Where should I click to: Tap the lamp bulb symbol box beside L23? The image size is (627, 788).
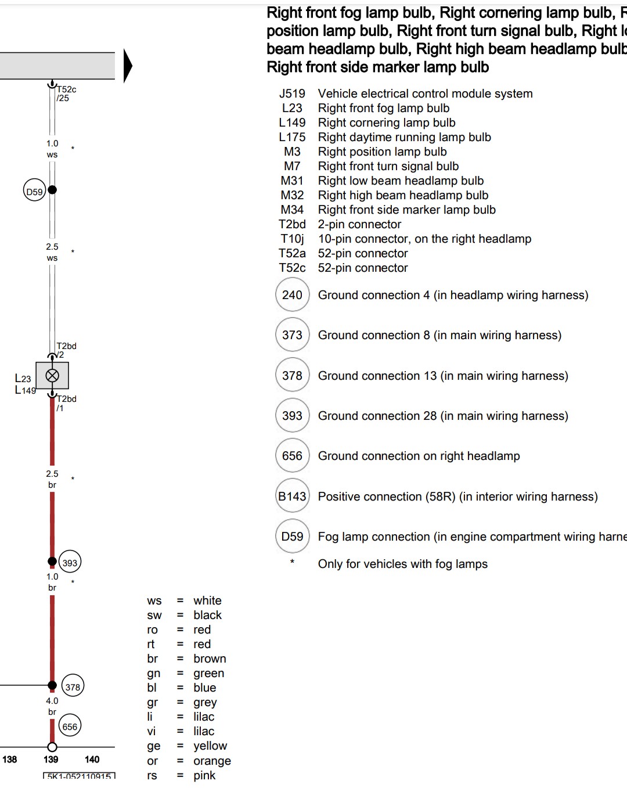pos(52,376)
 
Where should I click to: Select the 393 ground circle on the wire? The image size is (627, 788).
pos(70,562)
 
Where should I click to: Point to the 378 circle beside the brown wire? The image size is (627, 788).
pos(73,687)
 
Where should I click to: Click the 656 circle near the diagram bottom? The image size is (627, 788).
pos(70,726)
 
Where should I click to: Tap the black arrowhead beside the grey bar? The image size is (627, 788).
pos(128,66)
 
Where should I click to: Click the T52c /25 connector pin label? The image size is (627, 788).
pos(65,93)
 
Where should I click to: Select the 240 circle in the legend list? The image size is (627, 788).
pos(292,295)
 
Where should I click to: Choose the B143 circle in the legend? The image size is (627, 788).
pos(292,496)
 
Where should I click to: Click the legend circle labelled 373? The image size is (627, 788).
pos(292,335)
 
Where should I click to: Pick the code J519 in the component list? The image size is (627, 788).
pos(292,93)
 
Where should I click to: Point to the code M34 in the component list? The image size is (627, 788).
pos(292,210)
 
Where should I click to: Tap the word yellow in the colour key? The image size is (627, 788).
pos(210,746)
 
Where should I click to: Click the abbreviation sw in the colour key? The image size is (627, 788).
pos(154,615)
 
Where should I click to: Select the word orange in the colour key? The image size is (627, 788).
pos(212,761)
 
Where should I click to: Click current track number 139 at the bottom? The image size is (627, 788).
pos(51,759)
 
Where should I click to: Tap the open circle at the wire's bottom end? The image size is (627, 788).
pos(52,747)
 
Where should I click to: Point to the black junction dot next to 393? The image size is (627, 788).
pos(52,561)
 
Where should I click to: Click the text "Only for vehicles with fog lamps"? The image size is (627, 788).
pos(402,564)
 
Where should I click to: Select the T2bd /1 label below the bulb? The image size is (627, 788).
pos(66,403)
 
